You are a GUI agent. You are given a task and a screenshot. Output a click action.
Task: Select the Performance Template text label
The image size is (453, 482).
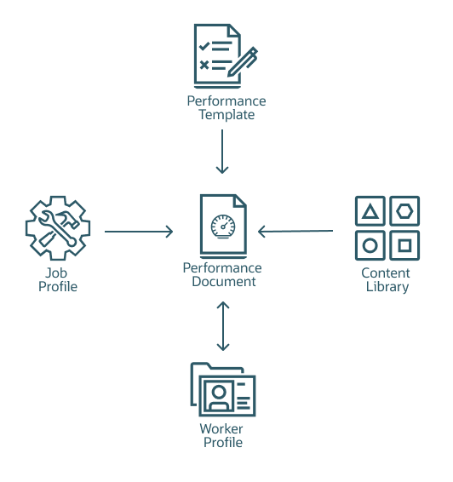(x=226, y=108)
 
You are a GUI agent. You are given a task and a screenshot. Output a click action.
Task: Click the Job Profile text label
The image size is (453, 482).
(x=57, y=280)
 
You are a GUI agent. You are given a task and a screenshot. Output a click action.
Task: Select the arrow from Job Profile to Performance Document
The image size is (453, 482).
(x=139, y=231)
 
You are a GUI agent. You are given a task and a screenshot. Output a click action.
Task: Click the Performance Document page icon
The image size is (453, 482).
(x=223, y=226)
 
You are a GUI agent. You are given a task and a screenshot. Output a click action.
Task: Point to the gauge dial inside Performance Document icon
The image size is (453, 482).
(x=223, y=227)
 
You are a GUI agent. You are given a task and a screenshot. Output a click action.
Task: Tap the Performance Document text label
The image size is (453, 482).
(x=222, y=275)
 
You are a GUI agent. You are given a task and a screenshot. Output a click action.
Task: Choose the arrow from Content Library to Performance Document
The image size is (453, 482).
(x=295, y=230)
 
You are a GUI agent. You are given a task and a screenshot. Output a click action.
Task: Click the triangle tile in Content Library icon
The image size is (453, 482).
(x=370, y=210)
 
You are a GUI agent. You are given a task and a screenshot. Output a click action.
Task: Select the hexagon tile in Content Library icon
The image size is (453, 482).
(x=404, y=210)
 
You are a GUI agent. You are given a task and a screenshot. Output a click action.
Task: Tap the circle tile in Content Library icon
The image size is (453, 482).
(x=370, y=245)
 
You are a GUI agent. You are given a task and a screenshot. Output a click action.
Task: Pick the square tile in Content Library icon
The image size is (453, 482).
(x=404, y=245)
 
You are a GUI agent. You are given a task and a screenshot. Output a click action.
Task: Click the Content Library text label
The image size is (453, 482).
(x=386, y=280)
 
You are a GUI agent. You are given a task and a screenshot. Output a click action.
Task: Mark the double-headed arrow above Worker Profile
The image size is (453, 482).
(x=222, y=325)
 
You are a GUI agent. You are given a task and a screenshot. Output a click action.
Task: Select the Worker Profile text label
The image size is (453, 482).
(x=221, y=435)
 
